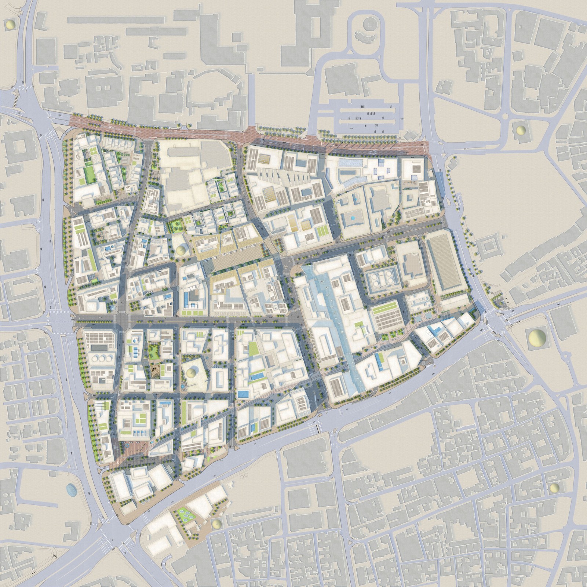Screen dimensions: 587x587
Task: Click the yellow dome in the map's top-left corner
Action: point(11,25)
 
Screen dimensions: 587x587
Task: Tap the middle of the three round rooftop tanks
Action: point(101,358)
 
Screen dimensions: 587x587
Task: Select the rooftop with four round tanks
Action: point(383,278)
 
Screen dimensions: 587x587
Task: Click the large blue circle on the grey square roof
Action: point(353,218)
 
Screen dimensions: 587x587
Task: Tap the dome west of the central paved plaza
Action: point(181,251)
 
